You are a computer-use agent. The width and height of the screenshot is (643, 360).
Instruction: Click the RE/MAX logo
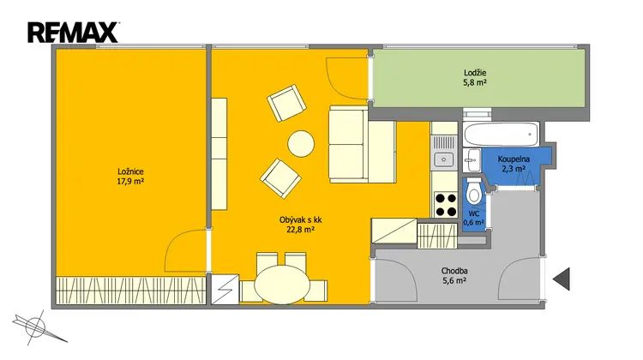[73, 33]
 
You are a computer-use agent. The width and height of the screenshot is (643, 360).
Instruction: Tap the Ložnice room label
[130, 171]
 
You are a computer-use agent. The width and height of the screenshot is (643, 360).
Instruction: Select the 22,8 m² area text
[300, 230]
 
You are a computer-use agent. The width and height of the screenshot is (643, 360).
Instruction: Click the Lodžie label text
[475, 73]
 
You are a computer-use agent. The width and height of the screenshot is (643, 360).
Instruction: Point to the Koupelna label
[514, 159]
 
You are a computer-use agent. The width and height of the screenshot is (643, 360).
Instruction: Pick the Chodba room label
[454, 271]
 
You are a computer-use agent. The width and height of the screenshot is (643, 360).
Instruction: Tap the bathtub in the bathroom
[502, 134]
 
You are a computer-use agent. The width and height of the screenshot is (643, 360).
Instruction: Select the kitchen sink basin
[444, 159]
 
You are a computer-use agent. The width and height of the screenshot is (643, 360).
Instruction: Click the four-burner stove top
[445, 205]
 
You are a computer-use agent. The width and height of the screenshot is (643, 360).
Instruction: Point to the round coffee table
[301, 143]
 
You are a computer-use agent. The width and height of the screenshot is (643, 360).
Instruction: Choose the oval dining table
[282, 285]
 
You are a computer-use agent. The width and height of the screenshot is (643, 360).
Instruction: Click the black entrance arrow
[562, 279]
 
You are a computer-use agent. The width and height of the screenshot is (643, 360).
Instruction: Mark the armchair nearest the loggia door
[286, 103]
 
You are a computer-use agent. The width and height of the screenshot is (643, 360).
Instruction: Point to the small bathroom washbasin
[472, 160]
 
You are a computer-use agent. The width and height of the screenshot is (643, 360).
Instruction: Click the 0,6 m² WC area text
[473, 223]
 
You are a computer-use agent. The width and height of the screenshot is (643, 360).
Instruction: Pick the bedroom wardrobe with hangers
[130, 291]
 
